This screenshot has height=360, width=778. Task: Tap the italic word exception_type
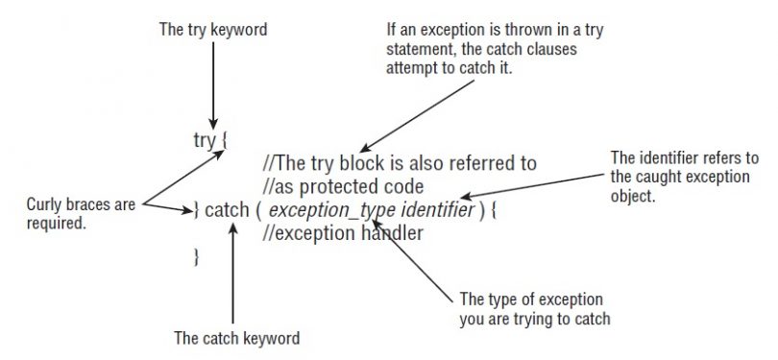pos(322,209)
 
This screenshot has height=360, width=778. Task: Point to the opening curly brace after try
pos(224,141)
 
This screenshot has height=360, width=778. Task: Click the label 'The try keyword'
pos(212,31)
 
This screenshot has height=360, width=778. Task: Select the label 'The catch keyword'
pos(235,338)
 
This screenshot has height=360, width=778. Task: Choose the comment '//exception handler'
pos(342,232)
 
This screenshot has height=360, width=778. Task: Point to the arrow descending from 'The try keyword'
pos(211,86)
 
